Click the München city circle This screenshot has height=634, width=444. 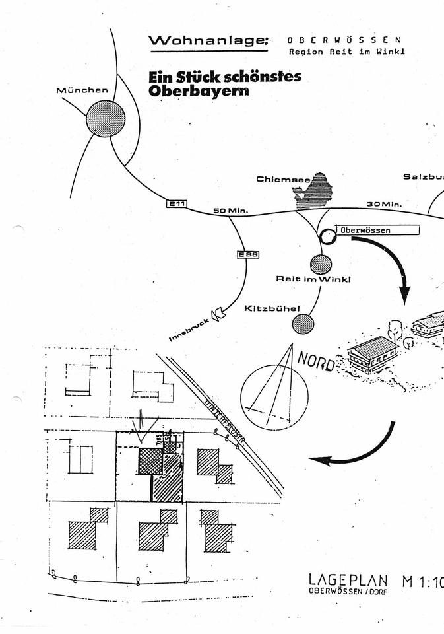tap(106, 119)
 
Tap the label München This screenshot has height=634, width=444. tap(82, 90)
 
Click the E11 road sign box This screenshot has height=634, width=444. tap(176, 205)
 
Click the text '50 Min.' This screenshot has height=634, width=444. tap(230, 211)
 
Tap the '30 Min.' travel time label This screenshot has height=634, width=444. tap(384, 205)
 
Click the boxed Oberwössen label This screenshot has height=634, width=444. tap(379, 230)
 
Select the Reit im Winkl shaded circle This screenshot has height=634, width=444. tap(321, 264)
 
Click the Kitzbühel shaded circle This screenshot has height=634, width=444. tap(303, 324)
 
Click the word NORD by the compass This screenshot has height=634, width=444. tap(316, 361)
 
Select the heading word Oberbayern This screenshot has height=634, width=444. tap(199, 91)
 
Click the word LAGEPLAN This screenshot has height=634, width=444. tap(348, 580)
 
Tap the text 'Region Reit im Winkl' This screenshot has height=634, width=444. tap(346, 52)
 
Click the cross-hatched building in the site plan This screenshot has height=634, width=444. tap(151, 462)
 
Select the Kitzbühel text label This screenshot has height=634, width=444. tap(272, 308)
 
